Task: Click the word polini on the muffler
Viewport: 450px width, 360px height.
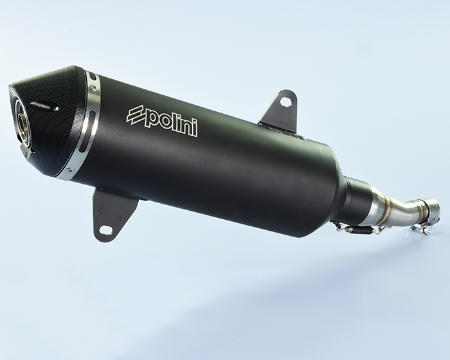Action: point(170,123)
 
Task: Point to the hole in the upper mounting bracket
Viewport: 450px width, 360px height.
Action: point(285,101)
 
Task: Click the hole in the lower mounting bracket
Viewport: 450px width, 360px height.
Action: point(106,229)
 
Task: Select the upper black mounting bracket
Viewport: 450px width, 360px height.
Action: point(280,111)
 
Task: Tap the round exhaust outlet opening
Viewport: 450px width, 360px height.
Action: point(22,122)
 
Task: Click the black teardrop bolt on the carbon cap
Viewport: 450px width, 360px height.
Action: point(45,106)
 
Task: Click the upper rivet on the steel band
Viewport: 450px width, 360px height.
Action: point(93,88)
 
